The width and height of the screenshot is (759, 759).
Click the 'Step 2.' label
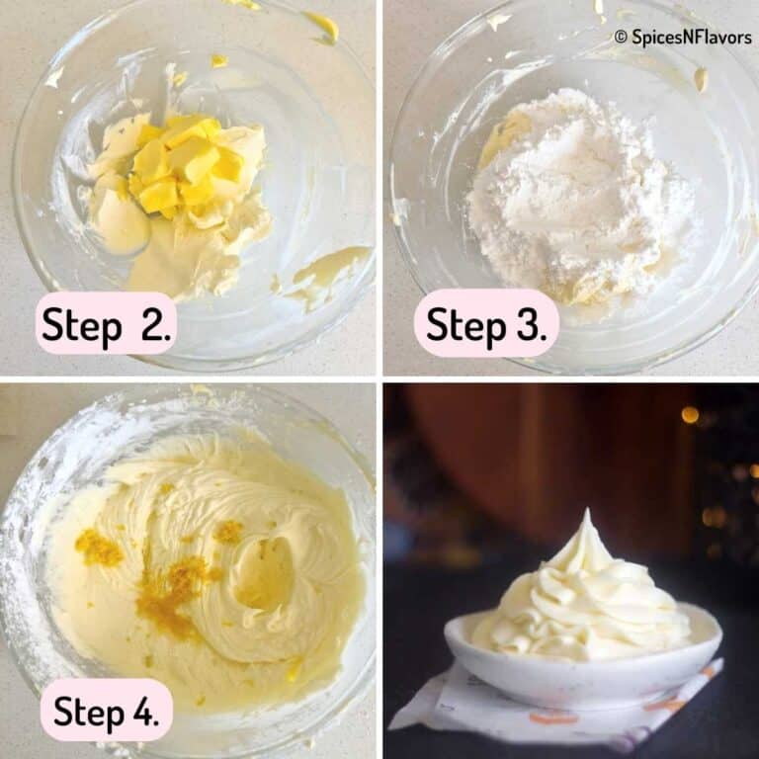(x=106, y=323)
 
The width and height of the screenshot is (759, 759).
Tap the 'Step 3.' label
(x=486, y=323)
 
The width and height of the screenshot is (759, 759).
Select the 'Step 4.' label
(x=106, y=710)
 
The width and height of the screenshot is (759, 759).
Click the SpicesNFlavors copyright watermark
(x=682, y=37)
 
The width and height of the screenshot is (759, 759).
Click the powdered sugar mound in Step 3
(x=563, y=188)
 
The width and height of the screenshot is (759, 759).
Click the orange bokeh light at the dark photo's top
(x=690, y=414)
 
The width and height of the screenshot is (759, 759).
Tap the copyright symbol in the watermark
(x=621, y=37)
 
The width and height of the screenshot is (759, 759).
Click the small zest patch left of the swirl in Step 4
(x=99, y=547)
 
